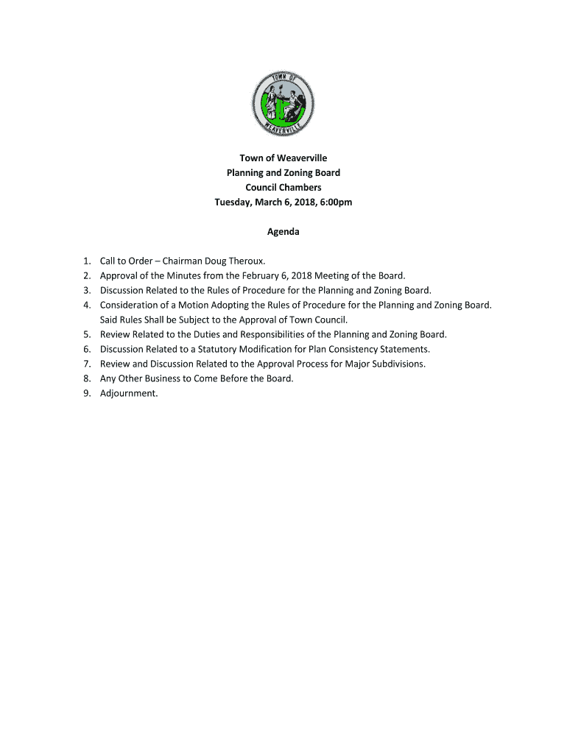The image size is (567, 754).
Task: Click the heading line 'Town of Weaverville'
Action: pyautogui.click(x=283, y=158)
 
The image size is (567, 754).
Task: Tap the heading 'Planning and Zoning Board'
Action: pyautogui.click(x=283, y=173)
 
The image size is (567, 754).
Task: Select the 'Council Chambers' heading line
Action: pyautogui.click(x=283, y=188)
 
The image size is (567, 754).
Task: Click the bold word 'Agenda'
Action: pyautogui.click(x=283, y=232)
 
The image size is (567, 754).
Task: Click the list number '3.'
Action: pyautogui.click(x=87, y=290)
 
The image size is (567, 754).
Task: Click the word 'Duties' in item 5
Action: pyautogui.click(x=190, y=334)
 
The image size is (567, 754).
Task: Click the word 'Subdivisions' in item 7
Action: pyautogui.click(x=395, y=364)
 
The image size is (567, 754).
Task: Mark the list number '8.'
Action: pyautogui.click(x=87, y=378)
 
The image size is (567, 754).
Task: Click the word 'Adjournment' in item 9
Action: pyautogui.click(x=128, y=393)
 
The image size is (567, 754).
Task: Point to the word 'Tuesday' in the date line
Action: pyautogui.click(x=233, y=202)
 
